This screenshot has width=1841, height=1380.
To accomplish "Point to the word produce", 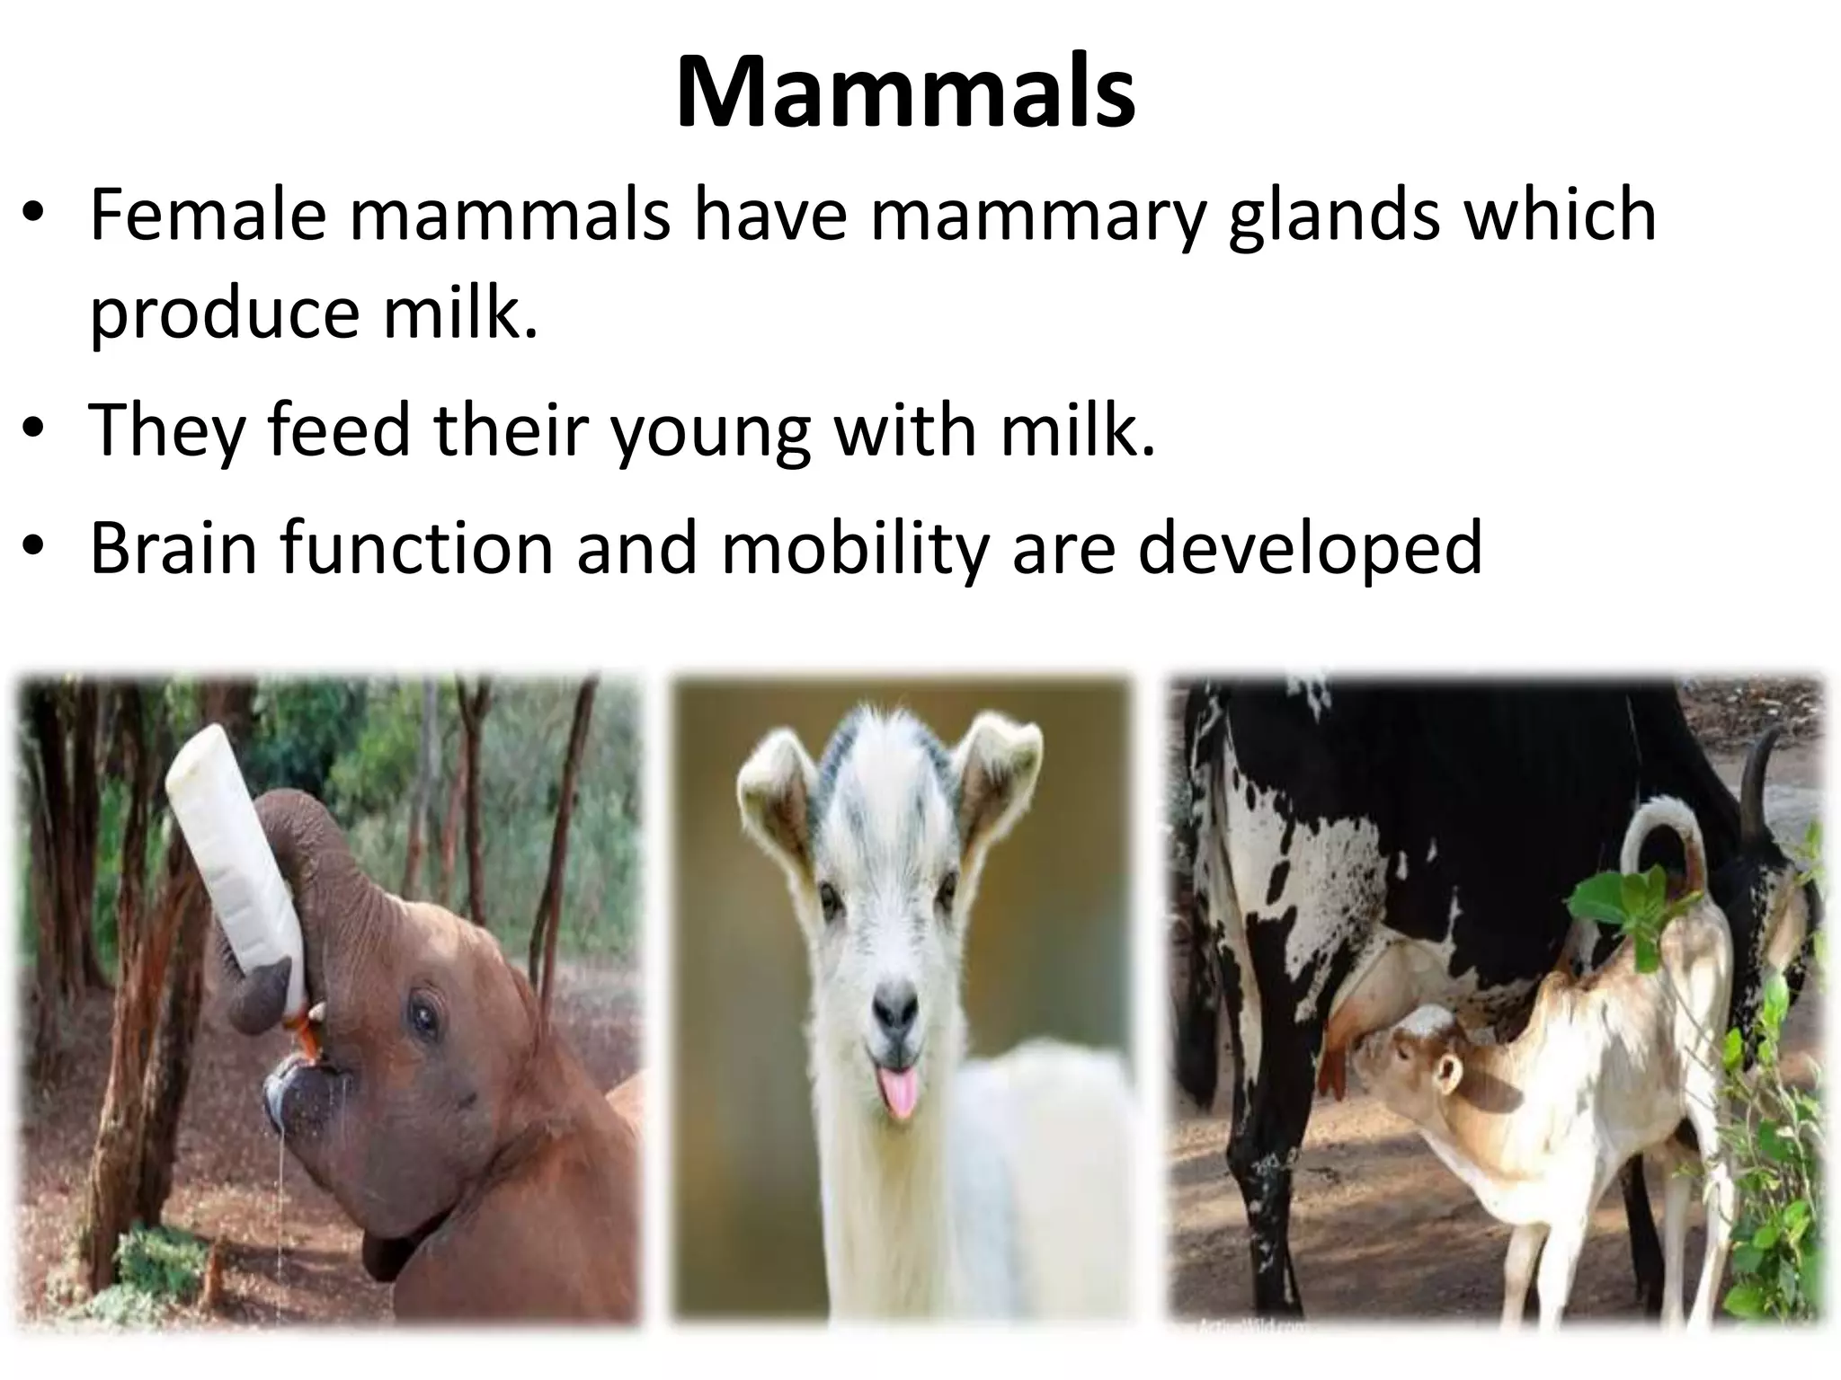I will tap(225, 316).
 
